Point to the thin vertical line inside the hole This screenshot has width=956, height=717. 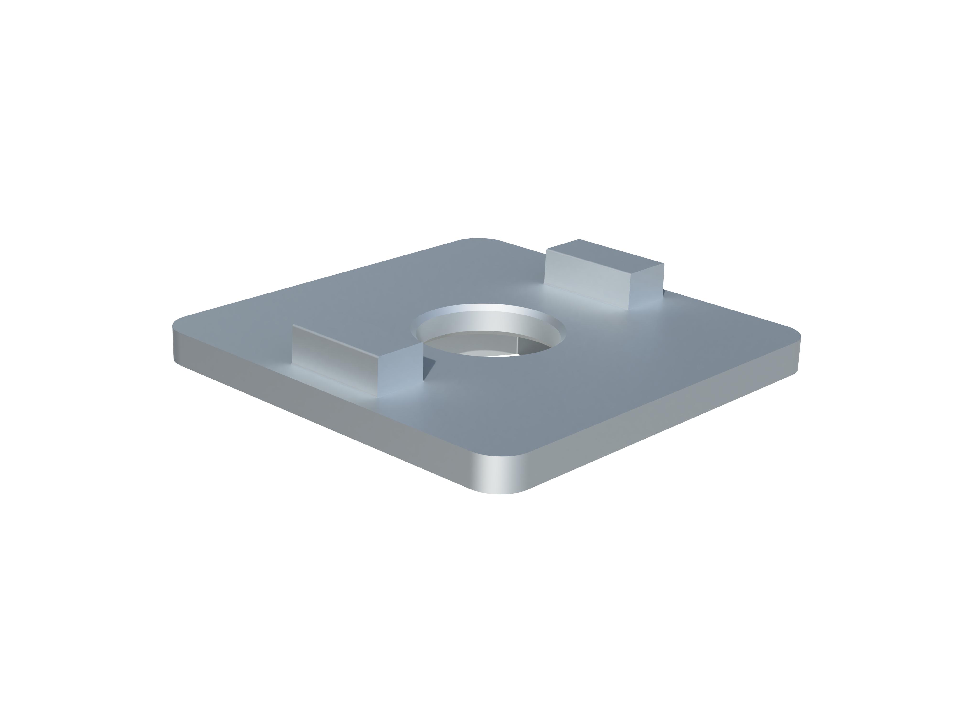pos(518,346)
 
